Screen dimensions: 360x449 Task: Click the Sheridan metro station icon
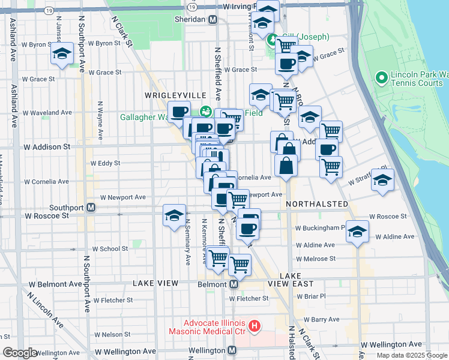(212, 20)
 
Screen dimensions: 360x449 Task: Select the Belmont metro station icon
(234, 284)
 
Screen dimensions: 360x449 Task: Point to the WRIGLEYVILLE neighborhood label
(175, 96)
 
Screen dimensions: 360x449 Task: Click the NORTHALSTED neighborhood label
(317, 204)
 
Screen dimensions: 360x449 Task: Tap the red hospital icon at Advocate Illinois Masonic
(255, 327)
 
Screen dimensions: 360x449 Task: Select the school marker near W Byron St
(62, 53)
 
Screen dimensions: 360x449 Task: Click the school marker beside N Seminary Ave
(174, 215)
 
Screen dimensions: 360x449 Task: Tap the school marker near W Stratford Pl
(382, 179)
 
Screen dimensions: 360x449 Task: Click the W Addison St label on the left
(47, 146)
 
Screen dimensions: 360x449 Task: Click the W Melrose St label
(315, 259)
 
